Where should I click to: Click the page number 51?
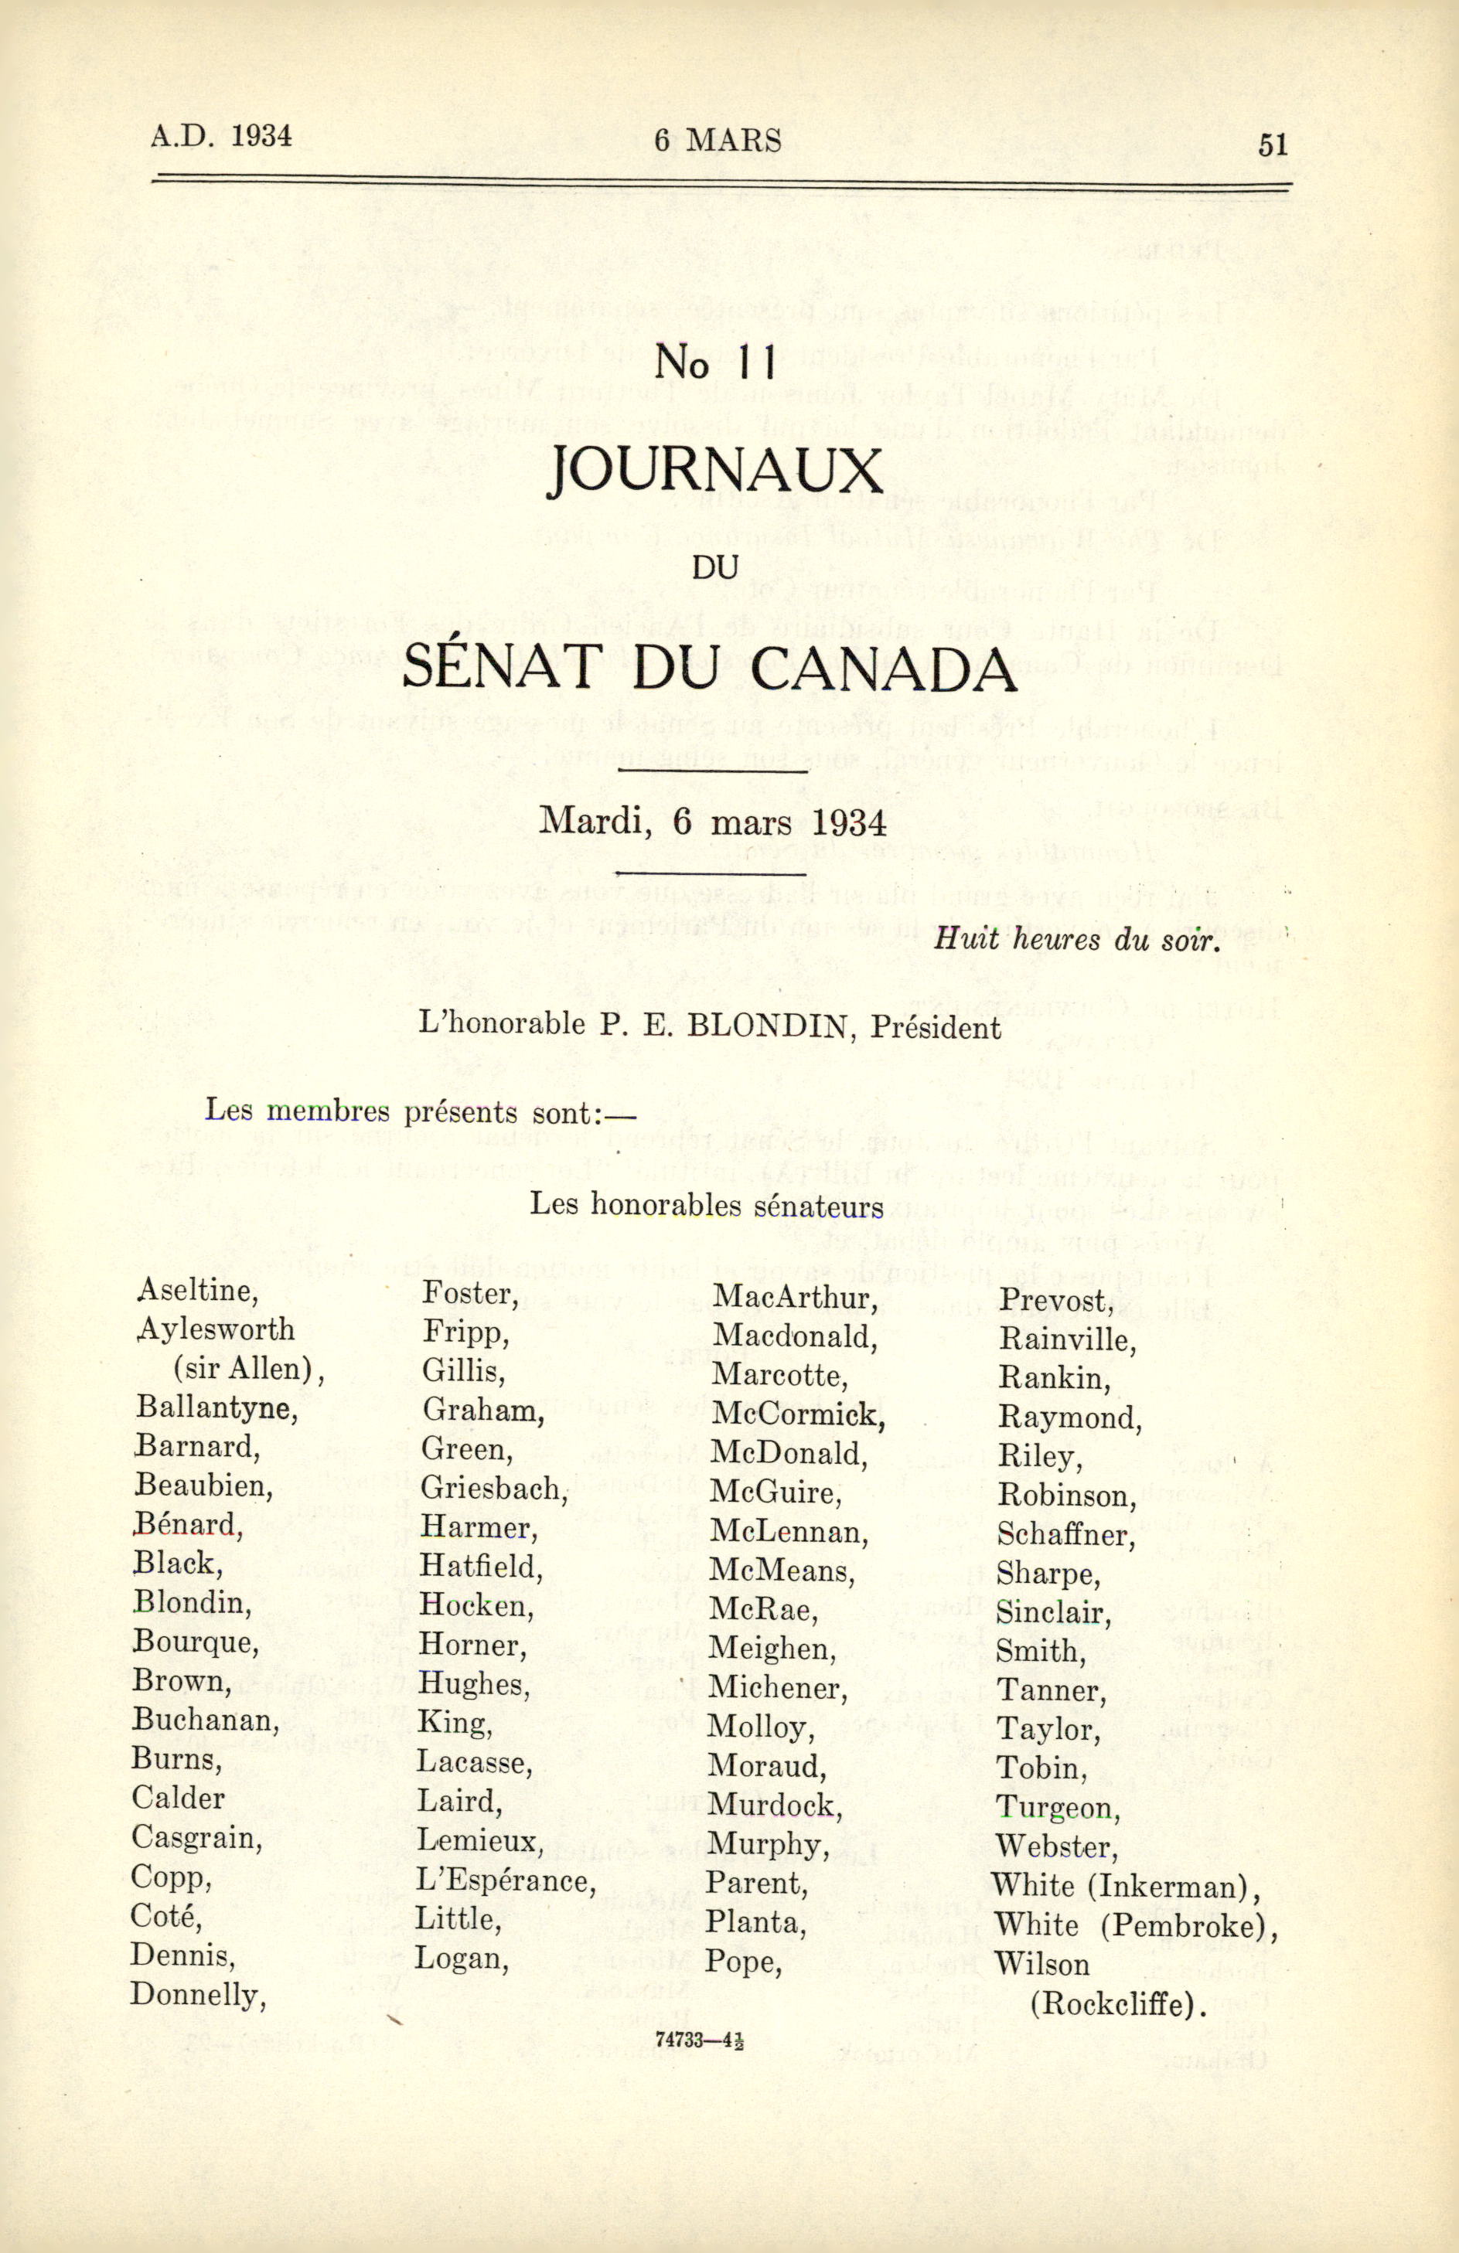(1273, 144)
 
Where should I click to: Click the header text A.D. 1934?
(220, 135)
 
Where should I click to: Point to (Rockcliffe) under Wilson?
(1119, 1978)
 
